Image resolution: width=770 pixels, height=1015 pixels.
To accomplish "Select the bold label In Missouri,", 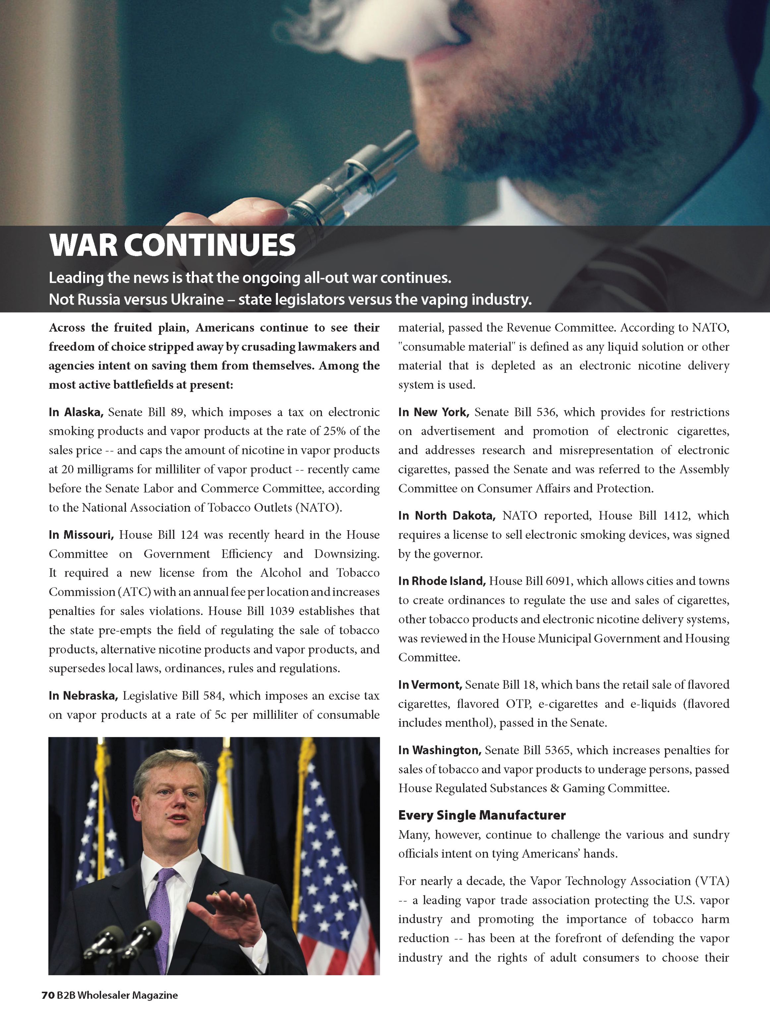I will pos(81,535).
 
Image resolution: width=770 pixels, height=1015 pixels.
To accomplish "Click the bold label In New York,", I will pos(433,412).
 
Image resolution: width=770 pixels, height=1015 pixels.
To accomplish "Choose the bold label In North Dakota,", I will pos(446,515).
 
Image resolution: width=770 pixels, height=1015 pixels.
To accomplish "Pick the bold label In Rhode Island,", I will pos(442,581).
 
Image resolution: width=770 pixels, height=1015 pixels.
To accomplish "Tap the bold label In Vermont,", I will pos(430,685).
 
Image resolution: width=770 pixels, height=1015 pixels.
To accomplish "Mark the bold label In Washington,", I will pos(439,750).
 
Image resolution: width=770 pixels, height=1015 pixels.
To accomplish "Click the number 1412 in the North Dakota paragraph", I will pos(676,515).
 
